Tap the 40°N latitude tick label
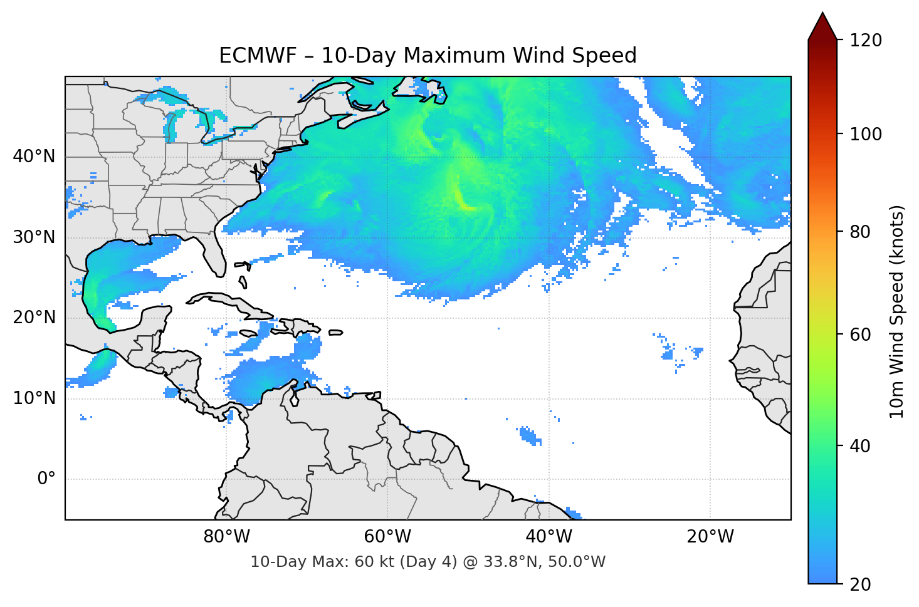[x=34, y=156]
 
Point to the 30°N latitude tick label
[x=34, y=237]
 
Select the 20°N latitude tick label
[x=34, y=318]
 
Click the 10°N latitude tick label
[x=34, y=398]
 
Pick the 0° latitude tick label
[x=46, y=479]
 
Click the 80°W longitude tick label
[x=226, y=537]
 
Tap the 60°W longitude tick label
[x=387, y=537]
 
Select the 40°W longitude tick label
[x=549, y=537]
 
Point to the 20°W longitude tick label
[x=710, y=537]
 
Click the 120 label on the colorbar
[x=866, y=40]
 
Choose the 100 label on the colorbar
[x=866, y=134]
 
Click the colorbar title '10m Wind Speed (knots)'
[x=897, y=311]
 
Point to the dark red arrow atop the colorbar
[x=822, y=27]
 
